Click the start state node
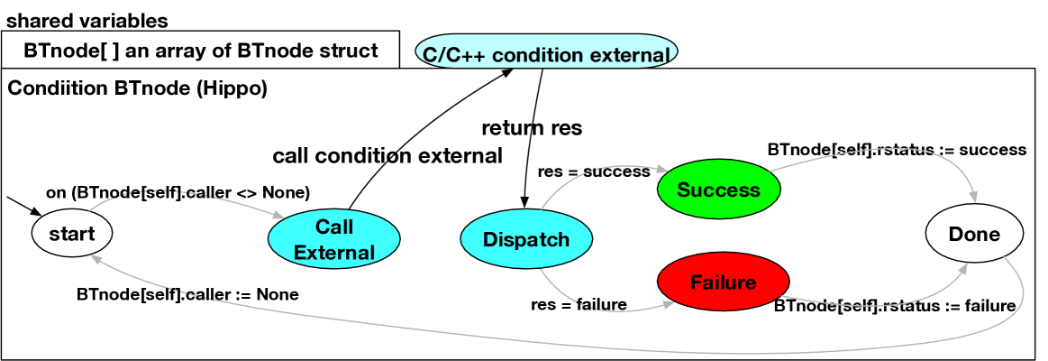pyautogui.click(x=72, y=235)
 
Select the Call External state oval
pyautogui.click(x=333, y=239)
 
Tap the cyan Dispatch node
pyautogui.click(x=526, y=239)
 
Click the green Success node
pyautogui.click(x=718, y=190)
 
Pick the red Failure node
pyautogui.click(x=723, y=282)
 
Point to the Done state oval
pyautogui.click(x=974, y=235)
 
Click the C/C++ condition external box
pyautogui.click(x=546, y=54)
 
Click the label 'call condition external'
pyautogui.click(x=387, y=155)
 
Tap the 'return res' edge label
pyautogui.click(x=532, y=127)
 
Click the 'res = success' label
pyautogui.click(x=593, y=171)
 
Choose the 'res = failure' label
pyautogui.click(x=579, y=304)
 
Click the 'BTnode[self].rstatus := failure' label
pyautogui.click(x=895, y=306)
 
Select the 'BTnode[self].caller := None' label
pyautogui.click(x=187, y=294)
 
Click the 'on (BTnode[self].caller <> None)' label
pyautogui.click(x=178, y=191)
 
